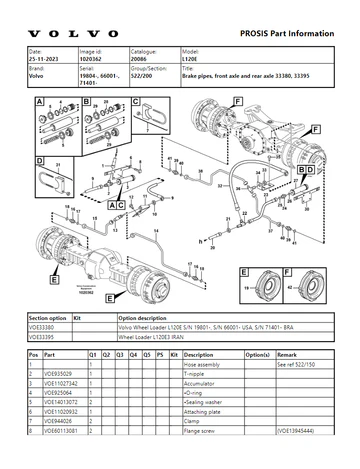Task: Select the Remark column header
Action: pos(288,354)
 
